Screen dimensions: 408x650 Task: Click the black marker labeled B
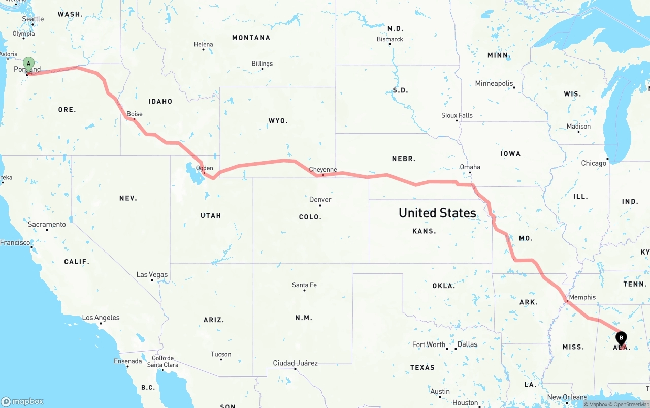[621, 338]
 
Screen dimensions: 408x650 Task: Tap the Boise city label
[135, 114]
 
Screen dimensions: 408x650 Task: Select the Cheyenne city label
[323, 170]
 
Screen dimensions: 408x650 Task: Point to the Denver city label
[320, 199]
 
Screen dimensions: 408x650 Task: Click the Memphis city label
[582, 297]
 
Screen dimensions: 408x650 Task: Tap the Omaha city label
[470, 167]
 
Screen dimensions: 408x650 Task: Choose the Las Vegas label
[152, 274]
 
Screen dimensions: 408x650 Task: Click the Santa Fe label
[304, 285]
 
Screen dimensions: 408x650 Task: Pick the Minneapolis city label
[494, 83]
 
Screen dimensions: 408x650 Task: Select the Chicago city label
[594, 163]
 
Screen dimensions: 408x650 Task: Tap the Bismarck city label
[390, 39]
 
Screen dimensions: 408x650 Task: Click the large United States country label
[437, 213]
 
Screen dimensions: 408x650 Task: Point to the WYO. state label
[278, 121]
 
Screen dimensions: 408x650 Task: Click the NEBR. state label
[404, 159]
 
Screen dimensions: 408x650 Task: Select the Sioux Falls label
[457, 115]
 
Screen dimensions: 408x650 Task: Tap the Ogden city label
[205, 168]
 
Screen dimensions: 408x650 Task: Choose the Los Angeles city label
[101, 318]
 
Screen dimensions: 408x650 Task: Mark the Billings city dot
[263, 70]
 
